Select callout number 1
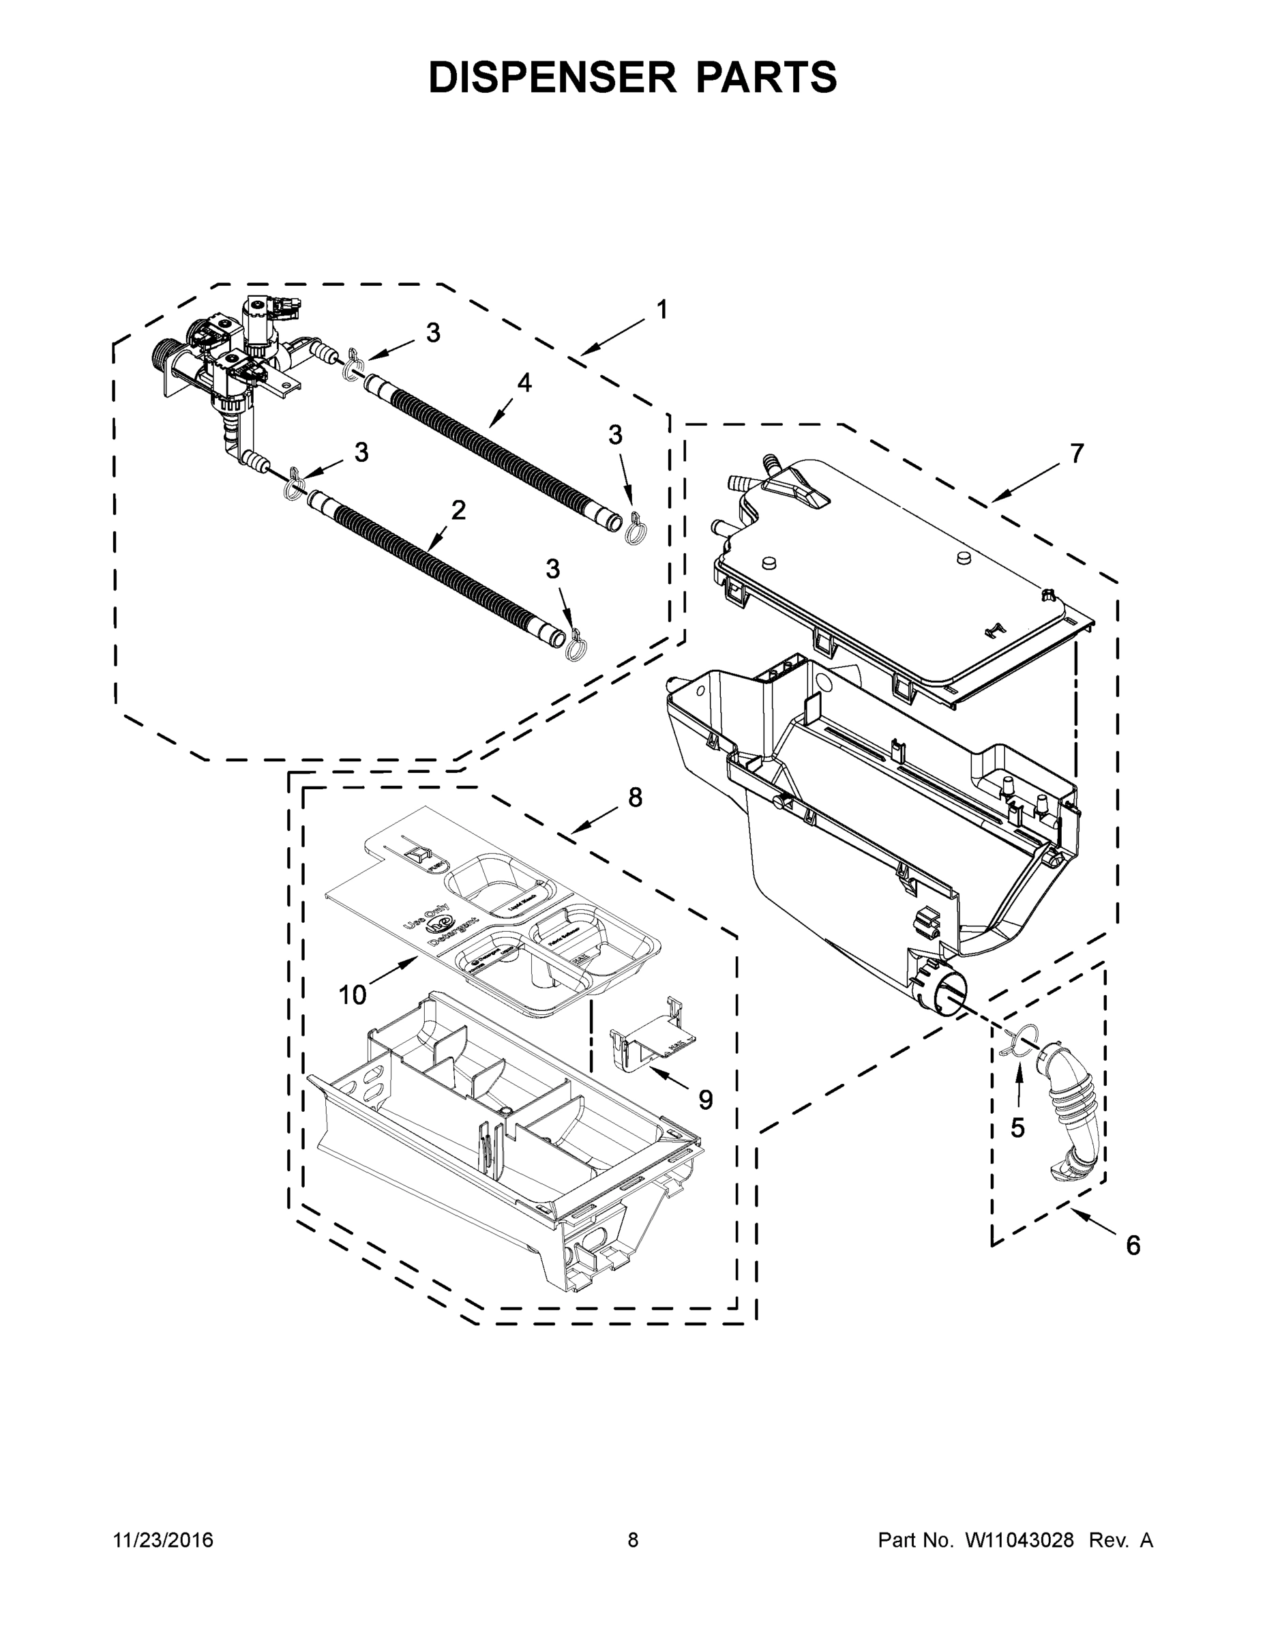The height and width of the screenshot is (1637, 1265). (661, 310)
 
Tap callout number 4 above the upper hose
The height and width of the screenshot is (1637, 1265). (524, 383)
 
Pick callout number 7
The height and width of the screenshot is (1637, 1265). (1076, 454)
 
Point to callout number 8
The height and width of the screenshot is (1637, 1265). (635, 798)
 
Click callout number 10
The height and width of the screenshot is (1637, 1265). (352, 994)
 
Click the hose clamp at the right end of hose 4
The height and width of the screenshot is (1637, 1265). (636, 527)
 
